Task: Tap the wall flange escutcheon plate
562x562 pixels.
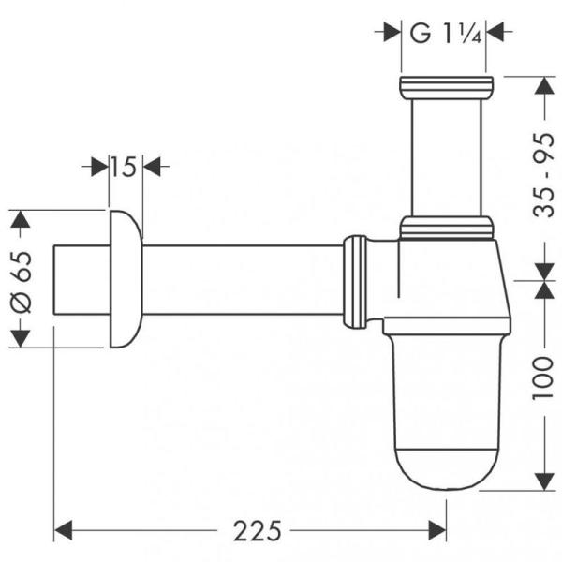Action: pos(125,279)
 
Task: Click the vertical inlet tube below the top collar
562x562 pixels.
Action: pos(444,155)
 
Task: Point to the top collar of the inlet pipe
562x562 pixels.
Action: pos(444,89)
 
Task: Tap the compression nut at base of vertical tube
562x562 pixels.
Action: pos(445,226)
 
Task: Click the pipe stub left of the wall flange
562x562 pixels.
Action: pos(81,279)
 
